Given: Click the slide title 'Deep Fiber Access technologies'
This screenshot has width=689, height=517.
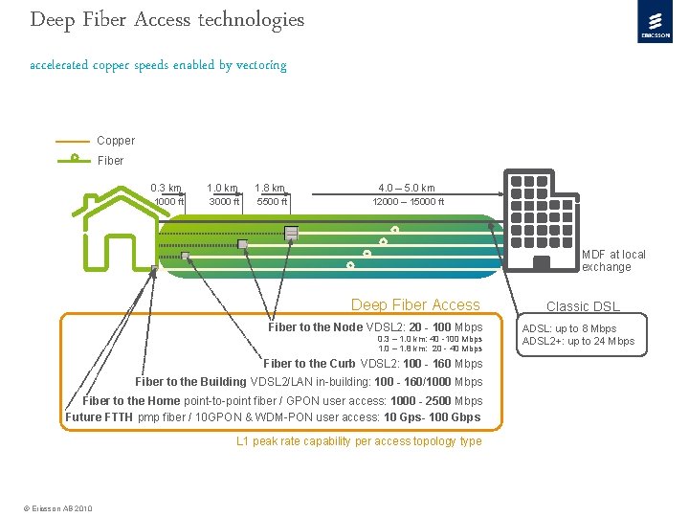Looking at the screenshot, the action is pyautogui.click(x=167, y=19).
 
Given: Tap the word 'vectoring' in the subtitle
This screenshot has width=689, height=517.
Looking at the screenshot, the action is pyautogui.click(x=261, y=65).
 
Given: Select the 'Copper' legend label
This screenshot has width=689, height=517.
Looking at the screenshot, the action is pyautogui.click(x=116, y=141).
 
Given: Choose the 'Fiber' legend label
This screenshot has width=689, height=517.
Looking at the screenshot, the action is pyautogui.click(x=110, y=160).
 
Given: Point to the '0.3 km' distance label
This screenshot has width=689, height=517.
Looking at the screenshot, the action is pyautogui.click(x=166, y=188).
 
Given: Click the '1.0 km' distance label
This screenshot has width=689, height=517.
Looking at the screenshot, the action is pyautogui.click(x=222, y=188).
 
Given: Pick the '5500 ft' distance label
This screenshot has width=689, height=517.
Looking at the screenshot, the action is pyautogui.click(x=271, y=202).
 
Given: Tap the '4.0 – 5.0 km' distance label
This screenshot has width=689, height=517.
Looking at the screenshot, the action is pyautogui.click(x=407, y=188).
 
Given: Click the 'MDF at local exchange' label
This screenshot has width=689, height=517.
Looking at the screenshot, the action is pyautogui.click(x=613, y=260).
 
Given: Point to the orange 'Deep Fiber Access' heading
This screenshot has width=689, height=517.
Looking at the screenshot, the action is pyautogui.click(x=415, y=305).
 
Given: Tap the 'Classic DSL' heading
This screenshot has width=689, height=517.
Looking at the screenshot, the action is pyautogui.click(x=583, y=307).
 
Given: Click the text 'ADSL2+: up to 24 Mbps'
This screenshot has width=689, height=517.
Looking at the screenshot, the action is pyautogui.click(x=578, y=341).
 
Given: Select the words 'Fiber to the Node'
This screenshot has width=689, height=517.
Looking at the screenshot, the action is pyautogui.click(x=315, y=327).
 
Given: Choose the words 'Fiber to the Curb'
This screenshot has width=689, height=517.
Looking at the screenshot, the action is pyautogui.click(x=309, y=364).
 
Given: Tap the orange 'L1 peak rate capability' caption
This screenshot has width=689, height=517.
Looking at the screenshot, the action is pyautogui.click(x=359, y=441).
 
